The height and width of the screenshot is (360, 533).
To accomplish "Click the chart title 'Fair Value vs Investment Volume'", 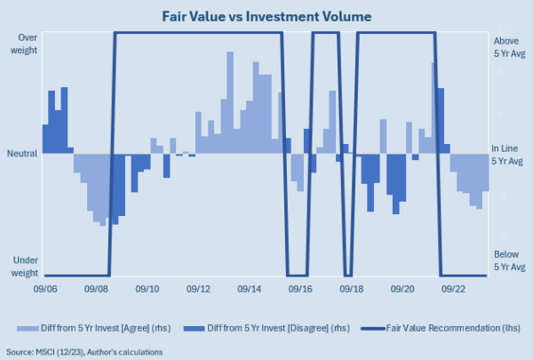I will pyautogui.click(x=266, y=15).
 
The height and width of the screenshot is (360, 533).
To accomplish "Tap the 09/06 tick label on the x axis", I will pyautogui.click(x=46, y=289).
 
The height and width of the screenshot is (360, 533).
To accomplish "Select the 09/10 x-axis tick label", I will pyautogui.click(x=147, y=289).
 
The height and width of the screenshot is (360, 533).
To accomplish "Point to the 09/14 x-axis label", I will pyautogui.click(x=250, y=289).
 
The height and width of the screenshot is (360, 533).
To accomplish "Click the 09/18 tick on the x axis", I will pyautogui.click(x=352, y=289).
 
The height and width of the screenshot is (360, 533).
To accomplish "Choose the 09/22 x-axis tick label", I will pyautogui.click(x=454, y=289).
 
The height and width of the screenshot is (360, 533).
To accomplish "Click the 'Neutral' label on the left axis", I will pyautogui.click(x=22, y=153).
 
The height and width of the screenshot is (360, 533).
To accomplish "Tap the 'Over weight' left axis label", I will pyautogui.click(x=24, y=44).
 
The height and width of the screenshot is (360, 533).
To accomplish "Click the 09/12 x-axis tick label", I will pyautogui.click(x=199, y=289).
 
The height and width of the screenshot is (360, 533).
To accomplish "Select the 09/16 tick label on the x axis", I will pyautogui.click(x=301, y=289).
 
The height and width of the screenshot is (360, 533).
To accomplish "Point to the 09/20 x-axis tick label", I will pyautogui.click(x=403, y=289).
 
